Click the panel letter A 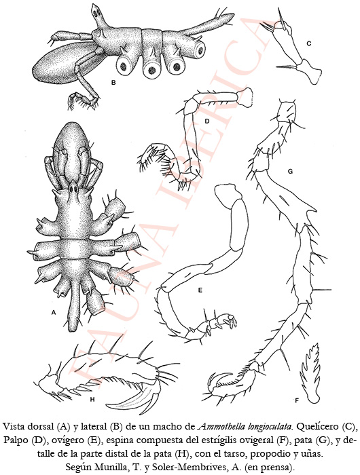pyautogui.click(x=54, y=312)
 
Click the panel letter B pyautogui.click(x=113, y=82)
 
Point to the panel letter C pyautogui.click(x=309, y=43)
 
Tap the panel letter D pyautogui.click(x=207, y=121)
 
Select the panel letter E pyautogui.click(x=200, y=290)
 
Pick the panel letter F pyautogui.click(x=297, y=400)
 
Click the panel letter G pyautogui.click(x=290, y=172)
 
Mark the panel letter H pyautogui.click(x=92, y=399)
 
